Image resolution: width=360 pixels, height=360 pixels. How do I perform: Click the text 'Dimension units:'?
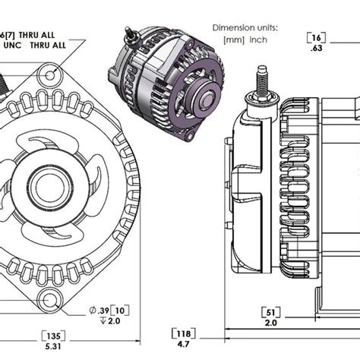pos(245,28)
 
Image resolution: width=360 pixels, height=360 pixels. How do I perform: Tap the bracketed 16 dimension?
pos(315,37)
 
